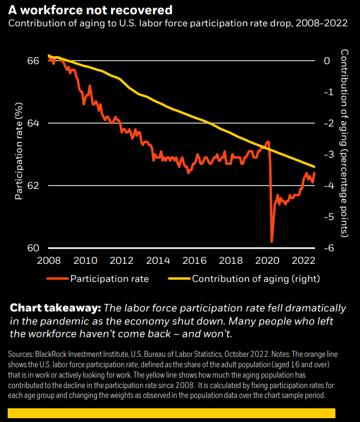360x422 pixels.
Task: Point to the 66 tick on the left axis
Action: pyautogui.click(x=33, y=60)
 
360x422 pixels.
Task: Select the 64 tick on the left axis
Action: pyautogui.click(x=33, y=123)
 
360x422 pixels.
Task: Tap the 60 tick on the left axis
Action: pyautogui.click(x=33, y=247)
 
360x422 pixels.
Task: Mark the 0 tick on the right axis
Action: pyautogui.click(x=327, y=60)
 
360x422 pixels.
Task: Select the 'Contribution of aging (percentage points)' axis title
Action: pyautogui.click(x=345, y=142)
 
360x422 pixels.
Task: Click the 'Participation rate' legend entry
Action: pyautogui.click(x=109, y=279)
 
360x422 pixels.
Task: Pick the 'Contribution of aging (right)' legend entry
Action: pyautogui.click(x=256, y=279)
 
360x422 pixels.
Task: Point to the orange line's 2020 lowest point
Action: pyautogui.click(x=271, y=241)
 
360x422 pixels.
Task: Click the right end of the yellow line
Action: pyautogui.click(x=315, y=166)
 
